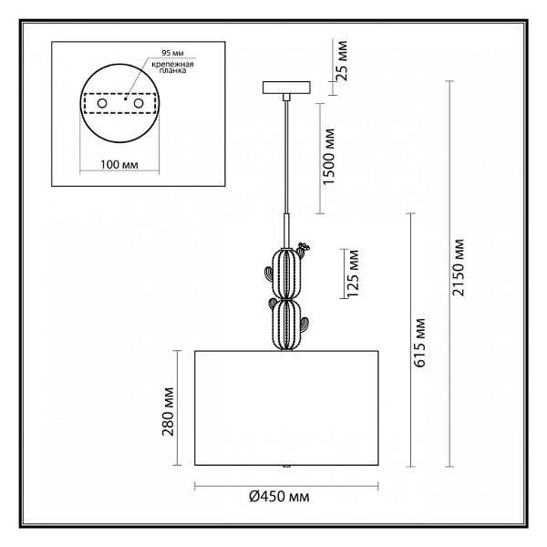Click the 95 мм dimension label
(172, 54)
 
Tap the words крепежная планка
(172, 67)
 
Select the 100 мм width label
(119, 165)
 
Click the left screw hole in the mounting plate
(102, 103)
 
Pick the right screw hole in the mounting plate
(139, 103)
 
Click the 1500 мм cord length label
(329, 157)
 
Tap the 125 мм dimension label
(353, 273)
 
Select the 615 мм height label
(419, 343)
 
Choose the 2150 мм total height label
(458, 267)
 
